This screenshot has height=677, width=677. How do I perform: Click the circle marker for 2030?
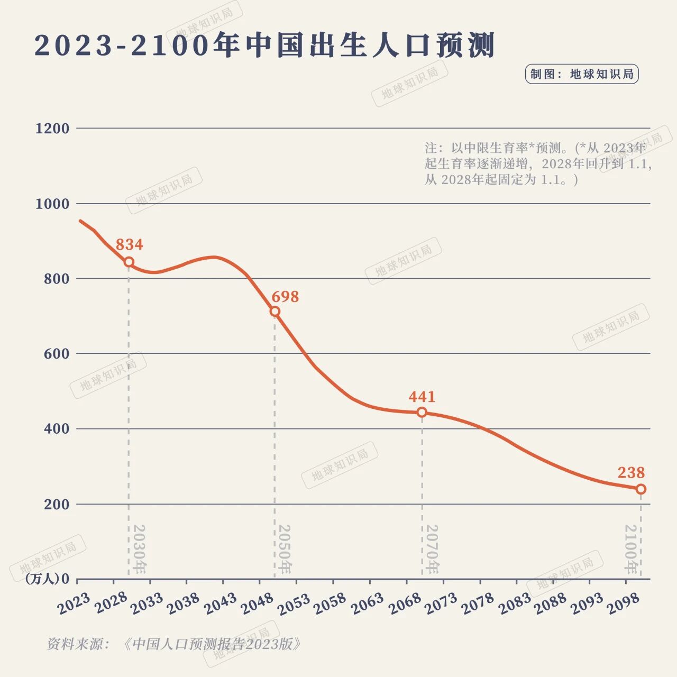point(129,262)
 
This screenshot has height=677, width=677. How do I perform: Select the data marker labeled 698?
point(275,312)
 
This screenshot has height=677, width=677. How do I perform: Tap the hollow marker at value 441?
point(422,412)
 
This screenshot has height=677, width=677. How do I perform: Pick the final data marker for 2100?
point(641,489)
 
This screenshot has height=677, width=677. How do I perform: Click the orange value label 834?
point(129,244)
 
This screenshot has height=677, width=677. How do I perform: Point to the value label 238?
point(631,472)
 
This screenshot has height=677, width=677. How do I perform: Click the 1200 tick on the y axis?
point(52,129)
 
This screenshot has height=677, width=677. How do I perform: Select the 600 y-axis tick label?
point(57,354)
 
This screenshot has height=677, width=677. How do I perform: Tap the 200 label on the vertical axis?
point(57,505)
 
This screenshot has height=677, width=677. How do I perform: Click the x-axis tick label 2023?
point(74,603)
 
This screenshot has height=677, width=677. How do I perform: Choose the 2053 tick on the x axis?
point(294,603)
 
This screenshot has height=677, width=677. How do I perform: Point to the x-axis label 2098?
point(623,603)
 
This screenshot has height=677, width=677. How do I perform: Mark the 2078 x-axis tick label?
point(477,603)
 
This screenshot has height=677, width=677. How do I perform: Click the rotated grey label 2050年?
point(284,550)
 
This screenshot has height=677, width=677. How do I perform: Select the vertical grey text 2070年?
point(432,550)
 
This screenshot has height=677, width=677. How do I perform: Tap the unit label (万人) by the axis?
point(42,579)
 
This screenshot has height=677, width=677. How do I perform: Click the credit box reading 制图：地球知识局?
point(582,74)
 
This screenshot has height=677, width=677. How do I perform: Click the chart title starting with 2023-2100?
point(264,45)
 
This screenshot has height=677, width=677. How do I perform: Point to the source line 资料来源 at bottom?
point(175,644)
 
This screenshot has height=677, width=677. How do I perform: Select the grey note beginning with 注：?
point(537,163)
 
